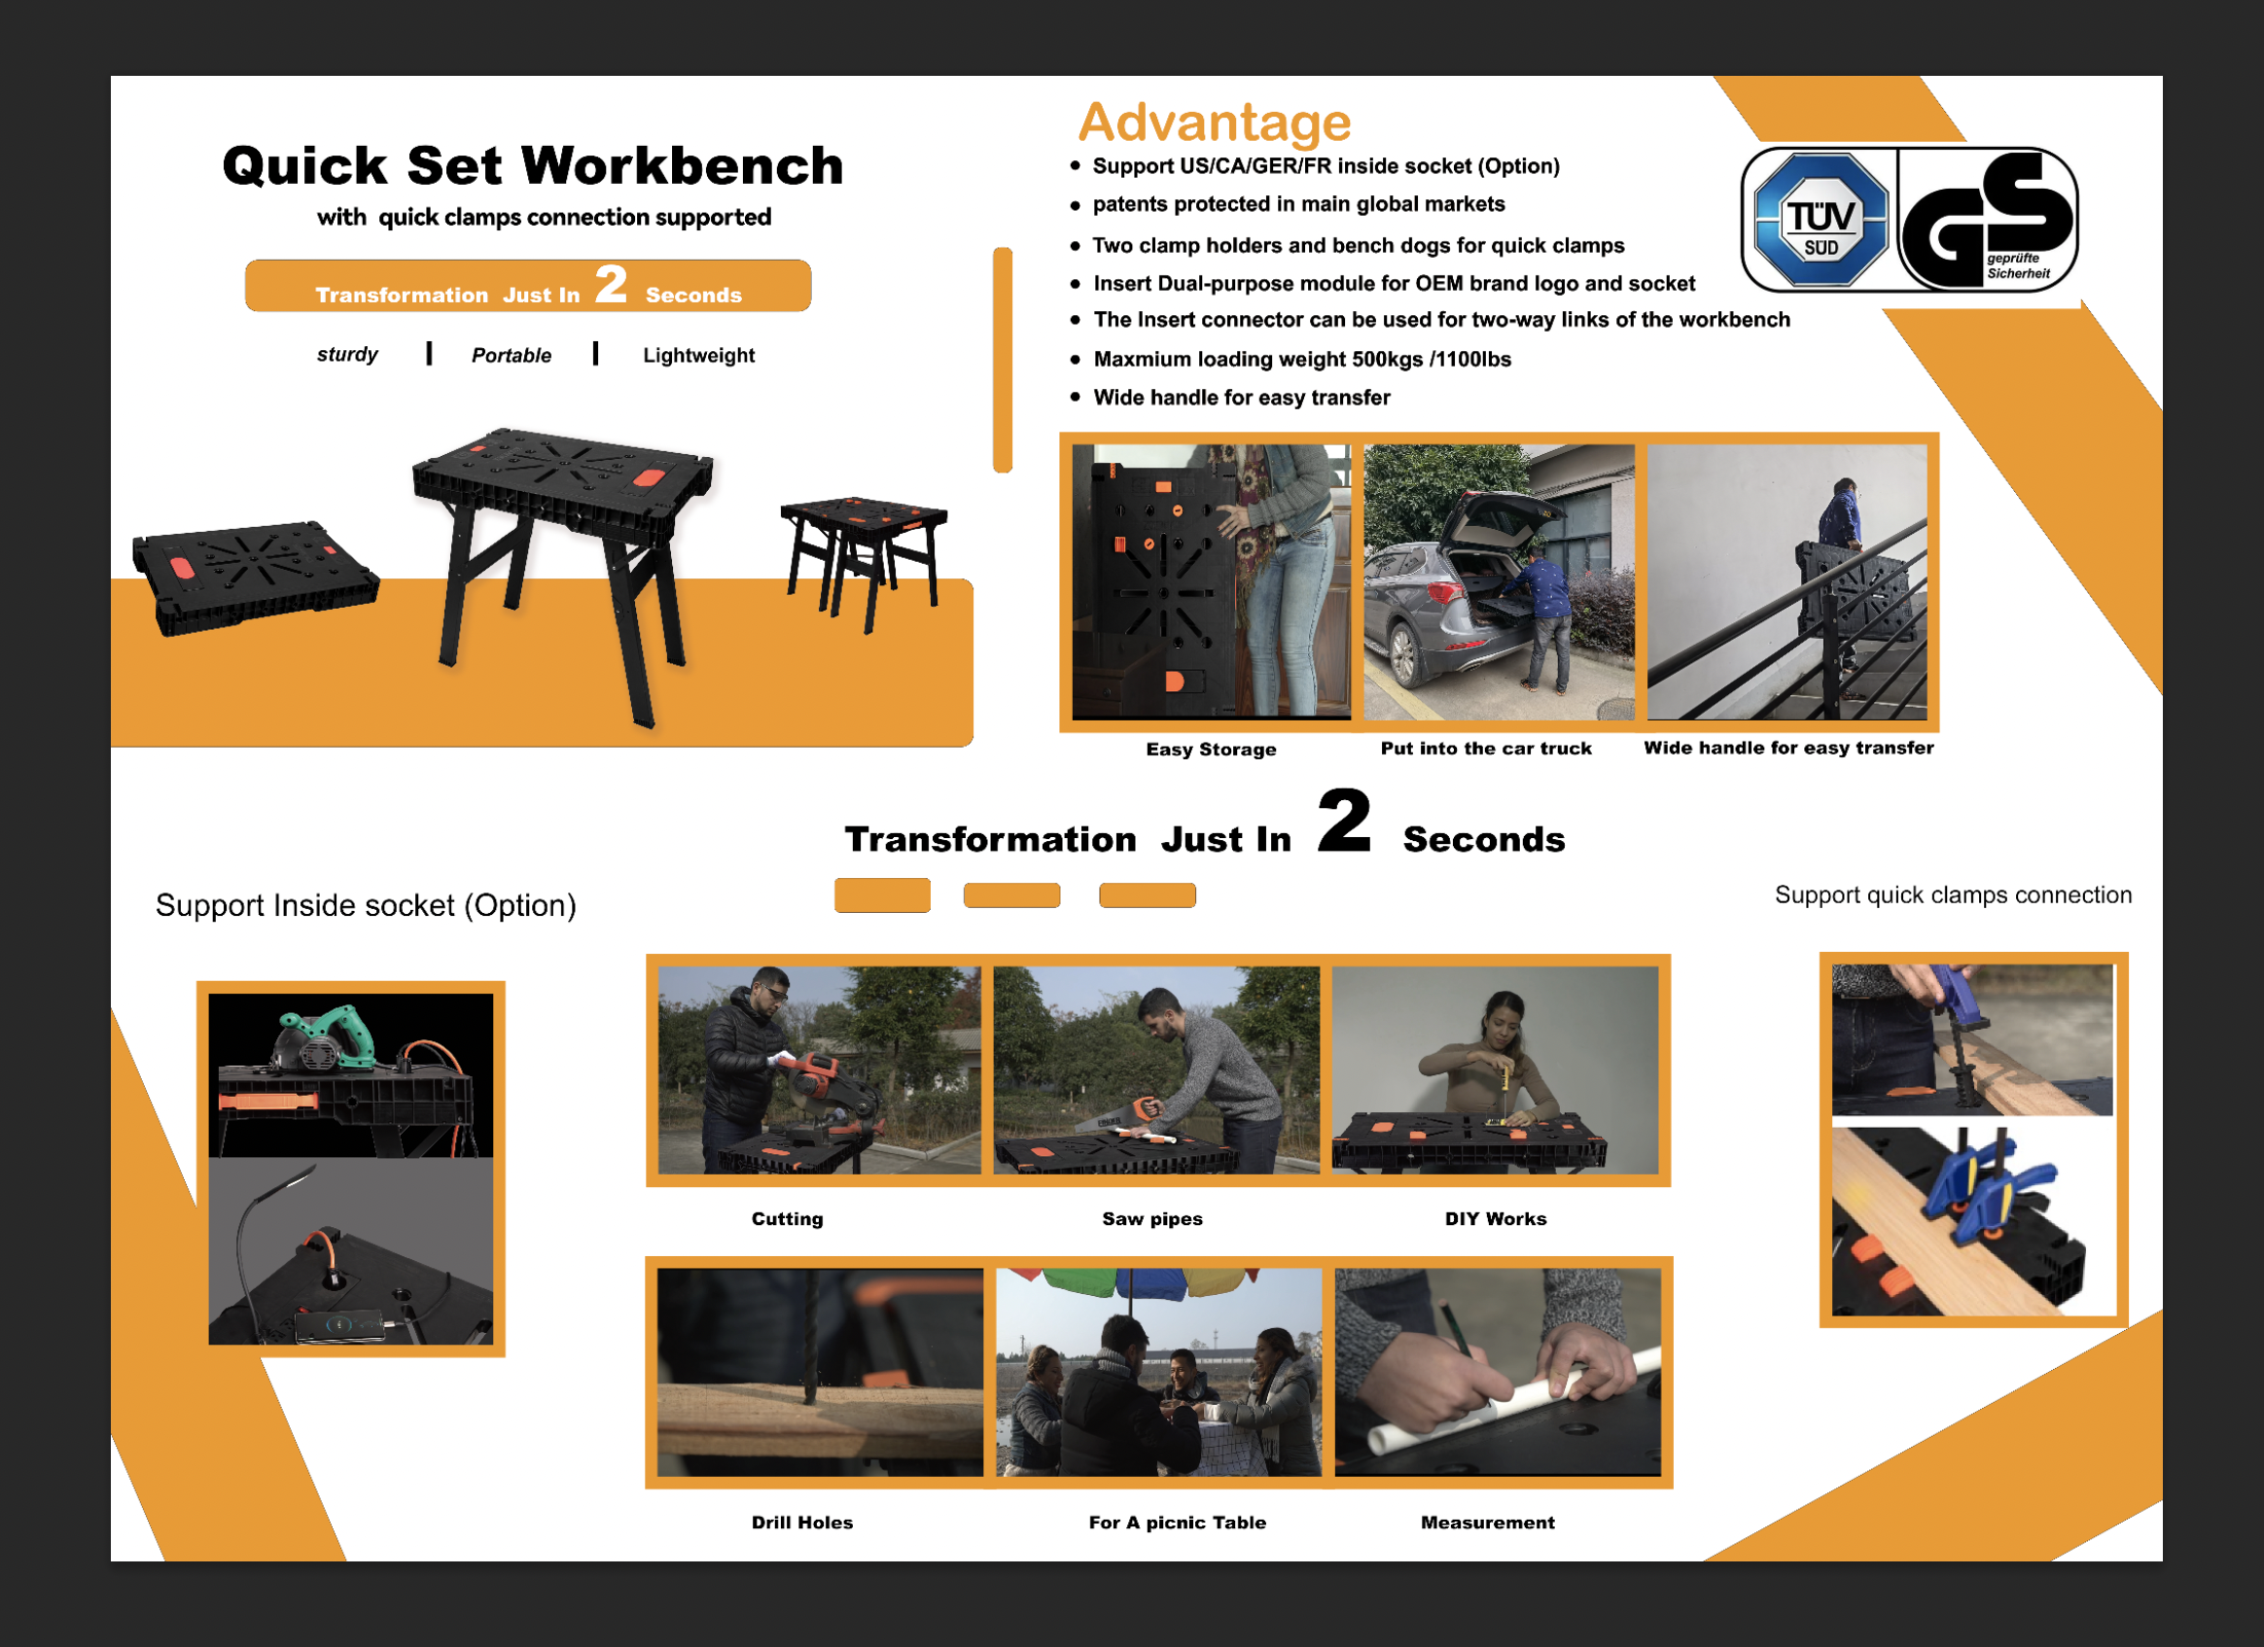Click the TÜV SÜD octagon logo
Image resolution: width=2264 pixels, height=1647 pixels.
1821,220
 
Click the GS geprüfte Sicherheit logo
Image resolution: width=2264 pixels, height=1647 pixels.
1988,220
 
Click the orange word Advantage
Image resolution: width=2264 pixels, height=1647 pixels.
1215,123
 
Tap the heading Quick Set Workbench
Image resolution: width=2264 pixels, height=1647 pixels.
533,164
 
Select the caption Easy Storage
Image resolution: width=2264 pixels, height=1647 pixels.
1211,749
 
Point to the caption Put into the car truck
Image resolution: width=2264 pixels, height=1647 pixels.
1485,748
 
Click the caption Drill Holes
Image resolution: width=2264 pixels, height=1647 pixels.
801,1523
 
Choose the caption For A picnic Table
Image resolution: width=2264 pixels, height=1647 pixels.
1177,1523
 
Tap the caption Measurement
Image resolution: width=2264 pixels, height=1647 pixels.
1487,1523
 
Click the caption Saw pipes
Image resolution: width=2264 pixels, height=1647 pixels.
1152,1219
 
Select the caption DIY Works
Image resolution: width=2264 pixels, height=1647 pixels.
1496,1219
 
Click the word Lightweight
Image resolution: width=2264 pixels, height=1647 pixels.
699,355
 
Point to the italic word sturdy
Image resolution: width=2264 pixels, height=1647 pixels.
347,354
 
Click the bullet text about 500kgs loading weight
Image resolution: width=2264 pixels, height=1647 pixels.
1301,360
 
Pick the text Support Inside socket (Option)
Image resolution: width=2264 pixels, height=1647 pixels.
366,905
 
